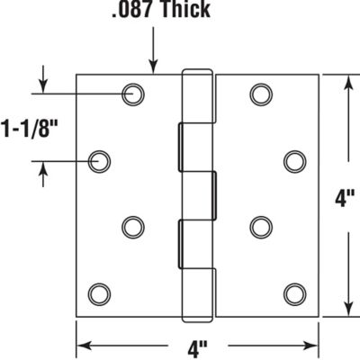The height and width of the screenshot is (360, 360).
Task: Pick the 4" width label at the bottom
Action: click(197, 346)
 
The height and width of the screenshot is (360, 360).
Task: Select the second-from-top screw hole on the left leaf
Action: click(100, 161)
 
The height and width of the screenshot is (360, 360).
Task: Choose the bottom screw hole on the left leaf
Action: click(100, 293)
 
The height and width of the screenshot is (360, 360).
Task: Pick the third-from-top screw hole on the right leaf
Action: click(261, 225)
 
